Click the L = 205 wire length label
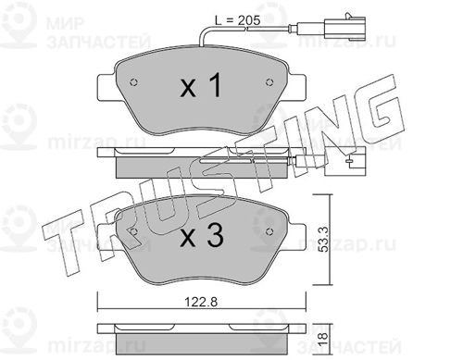click(x=238, y=20)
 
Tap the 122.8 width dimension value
click(x=201, y=302)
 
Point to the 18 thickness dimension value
click(x=323, y=340)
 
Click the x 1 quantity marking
click(x=201, y=85)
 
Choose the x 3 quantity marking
click(x=202, y=236)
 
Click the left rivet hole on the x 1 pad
click(x=134, y=82)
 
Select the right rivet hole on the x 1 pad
click(x=269, y=82)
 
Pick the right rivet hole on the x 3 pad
click(x=269, y=231)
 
